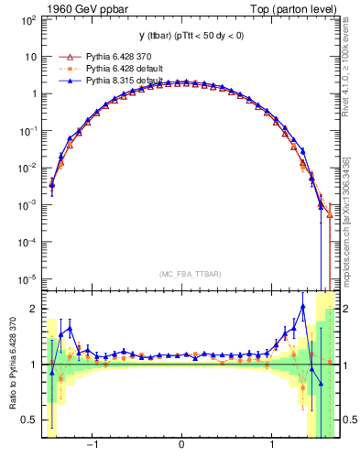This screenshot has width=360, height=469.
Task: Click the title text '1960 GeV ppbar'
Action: tap(77, 8)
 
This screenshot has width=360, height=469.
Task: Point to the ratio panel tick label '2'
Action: tap(30, 309)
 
